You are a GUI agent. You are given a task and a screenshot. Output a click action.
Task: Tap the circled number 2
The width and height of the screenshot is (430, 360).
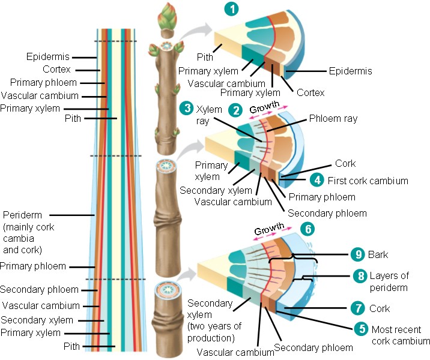click(237, 110)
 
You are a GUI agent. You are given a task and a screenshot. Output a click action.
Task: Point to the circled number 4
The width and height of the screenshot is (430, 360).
click(316, 179)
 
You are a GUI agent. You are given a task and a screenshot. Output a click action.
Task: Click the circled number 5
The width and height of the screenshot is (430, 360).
click(359, 329)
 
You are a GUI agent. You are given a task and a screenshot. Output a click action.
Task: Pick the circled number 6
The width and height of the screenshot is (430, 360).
click(306, 228)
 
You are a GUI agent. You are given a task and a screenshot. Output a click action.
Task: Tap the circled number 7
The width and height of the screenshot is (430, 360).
click(359, 308)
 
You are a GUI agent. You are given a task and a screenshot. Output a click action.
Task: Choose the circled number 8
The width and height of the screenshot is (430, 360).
click(359, 276)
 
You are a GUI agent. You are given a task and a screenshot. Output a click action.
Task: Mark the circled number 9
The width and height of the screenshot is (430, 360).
click(359, 254)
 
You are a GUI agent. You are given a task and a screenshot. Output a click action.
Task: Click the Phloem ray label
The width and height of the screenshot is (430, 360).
click(333, 119)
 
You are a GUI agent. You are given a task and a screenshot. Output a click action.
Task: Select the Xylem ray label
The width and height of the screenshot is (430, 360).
click(210, 115)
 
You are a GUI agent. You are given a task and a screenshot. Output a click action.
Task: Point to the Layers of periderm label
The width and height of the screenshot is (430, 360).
click(389, 281)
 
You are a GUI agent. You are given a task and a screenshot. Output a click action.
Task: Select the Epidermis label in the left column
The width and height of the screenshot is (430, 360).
click(48, 57)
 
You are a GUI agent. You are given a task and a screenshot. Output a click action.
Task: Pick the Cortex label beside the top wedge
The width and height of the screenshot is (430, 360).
click(310, 92)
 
